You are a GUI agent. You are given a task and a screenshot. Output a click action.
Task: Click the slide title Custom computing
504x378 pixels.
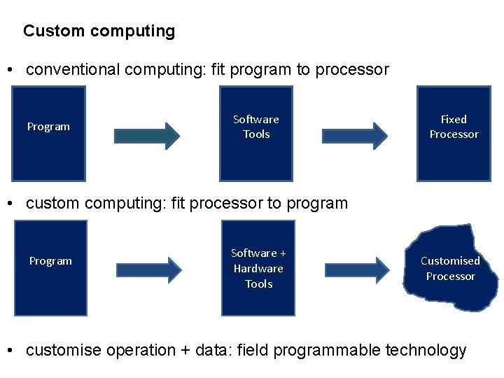point(99,31)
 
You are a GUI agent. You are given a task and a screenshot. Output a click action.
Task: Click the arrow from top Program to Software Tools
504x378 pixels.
point(147,136)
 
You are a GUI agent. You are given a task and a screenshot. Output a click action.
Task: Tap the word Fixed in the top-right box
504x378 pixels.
point(454,120)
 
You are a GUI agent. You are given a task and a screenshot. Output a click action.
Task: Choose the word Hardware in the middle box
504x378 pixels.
point(258,269)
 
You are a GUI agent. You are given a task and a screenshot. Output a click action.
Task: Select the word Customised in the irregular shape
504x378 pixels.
point(450,261)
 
